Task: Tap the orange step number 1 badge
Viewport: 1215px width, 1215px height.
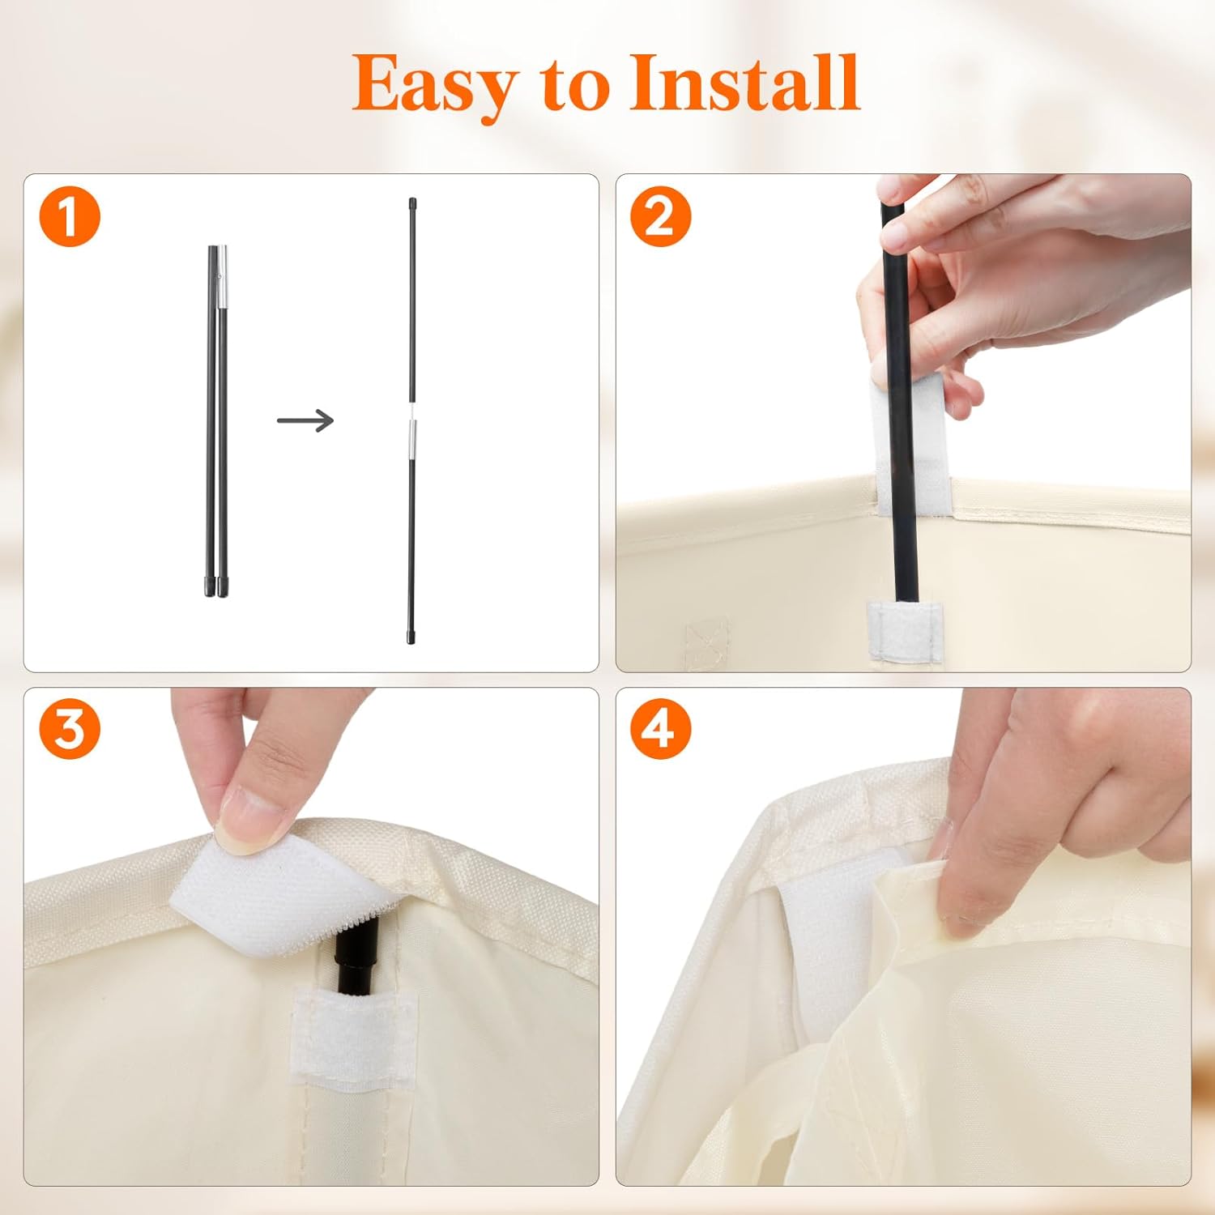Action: (70, 217)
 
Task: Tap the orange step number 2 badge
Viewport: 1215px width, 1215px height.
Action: (660, 217)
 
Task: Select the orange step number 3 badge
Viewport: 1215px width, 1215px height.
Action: (70, 729)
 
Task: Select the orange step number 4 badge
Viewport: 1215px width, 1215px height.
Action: (660, 729)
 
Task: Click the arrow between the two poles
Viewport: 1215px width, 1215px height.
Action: (305, 420)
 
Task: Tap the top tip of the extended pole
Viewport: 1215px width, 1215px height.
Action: (412, 202)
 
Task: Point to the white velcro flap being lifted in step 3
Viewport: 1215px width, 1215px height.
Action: (267, 899)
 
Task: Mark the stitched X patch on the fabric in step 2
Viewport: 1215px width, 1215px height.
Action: (706, 644)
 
